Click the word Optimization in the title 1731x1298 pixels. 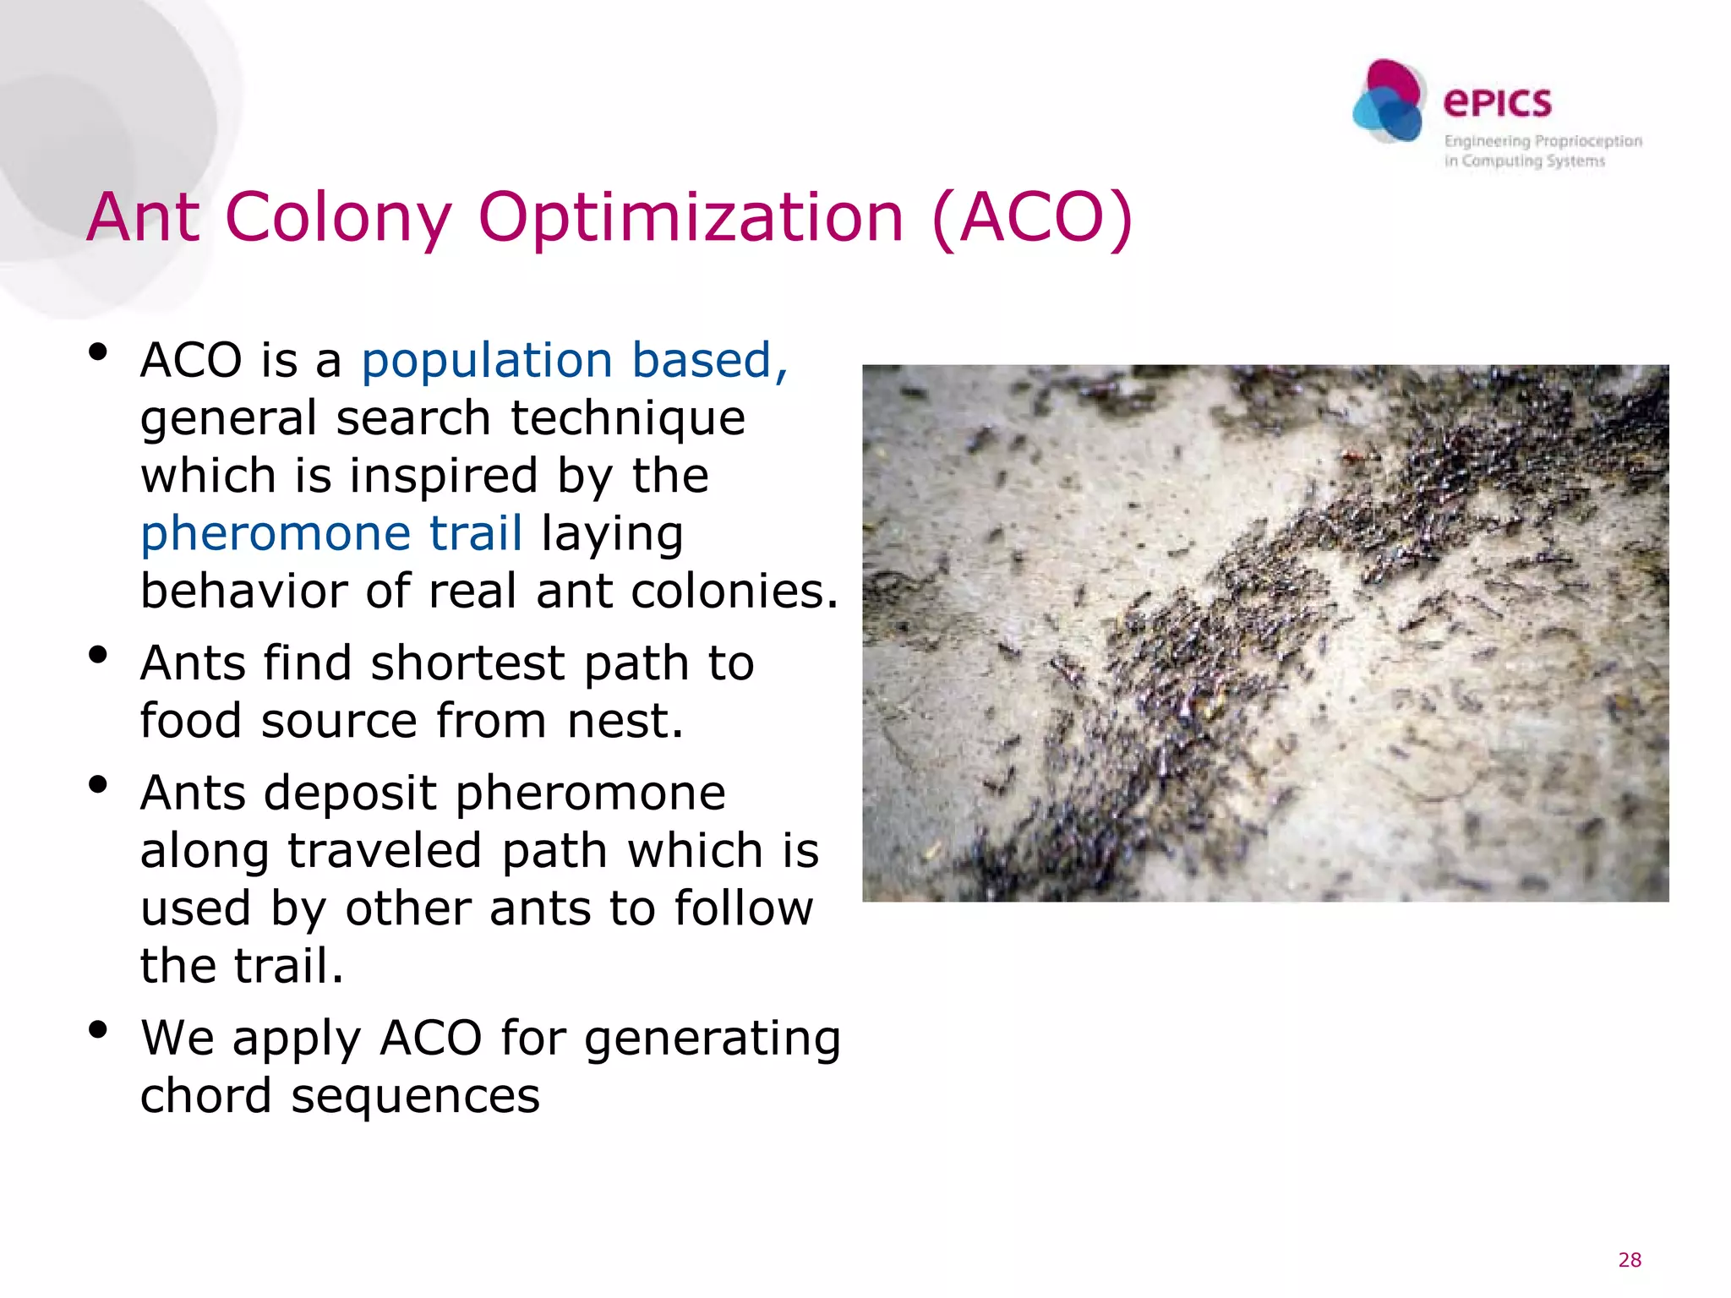coord(691,219)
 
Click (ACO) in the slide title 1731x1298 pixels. coord(1032,218)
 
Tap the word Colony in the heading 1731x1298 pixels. coord(339,218)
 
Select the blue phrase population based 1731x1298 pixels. coord(574,361)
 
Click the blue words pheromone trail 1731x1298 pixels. coord(331,534)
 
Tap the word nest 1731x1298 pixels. coord(624,721)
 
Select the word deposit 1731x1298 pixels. coord(353,793)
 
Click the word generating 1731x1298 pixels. coord(712,1039)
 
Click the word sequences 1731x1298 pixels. coord(415,1097)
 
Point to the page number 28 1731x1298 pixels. coord(1630,1260)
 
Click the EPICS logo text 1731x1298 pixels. coord(1497,103)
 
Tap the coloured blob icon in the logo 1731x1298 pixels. coord(1389,102)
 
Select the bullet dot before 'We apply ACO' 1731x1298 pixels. coord(98,1029)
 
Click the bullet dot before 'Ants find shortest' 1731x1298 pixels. coord(98,654)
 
